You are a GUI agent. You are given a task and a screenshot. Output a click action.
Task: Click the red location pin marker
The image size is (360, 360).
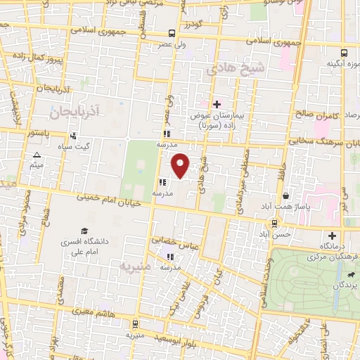[181, 165]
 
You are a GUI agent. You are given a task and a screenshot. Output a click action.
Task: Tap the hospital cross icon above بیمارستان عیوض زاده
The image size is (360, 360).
[217, 104]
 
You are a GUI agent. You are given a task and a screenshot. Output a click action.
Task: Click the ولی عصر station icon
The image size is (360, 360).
[172, 33]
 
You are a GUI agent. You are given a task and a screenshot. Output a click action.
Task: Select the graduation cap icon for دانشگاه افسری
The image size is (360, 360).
[84, 231]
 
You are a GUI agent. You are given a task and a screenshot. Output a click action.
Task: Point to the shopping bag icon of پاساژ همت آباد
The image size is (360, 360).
[285, 196]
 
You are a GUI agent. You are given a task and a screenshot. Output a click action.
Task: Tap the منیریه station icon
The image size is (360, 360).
[134, 324]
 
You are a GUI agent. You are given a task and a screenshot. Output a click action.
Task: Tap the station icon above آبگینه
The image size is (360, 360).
[344, 53]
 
